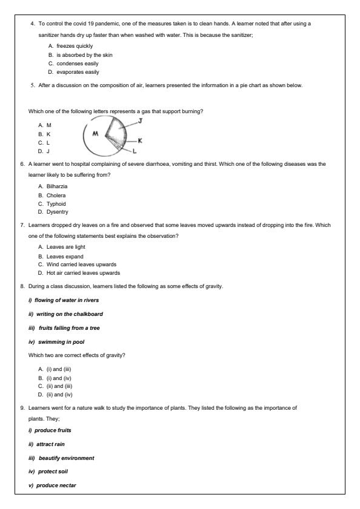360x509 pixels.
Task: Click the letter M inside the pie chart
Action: (95, 133)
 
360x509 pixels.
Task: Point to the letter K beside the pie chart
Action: (140, 140)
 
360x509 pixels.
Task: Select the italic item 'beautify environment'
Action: (64, 458)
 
